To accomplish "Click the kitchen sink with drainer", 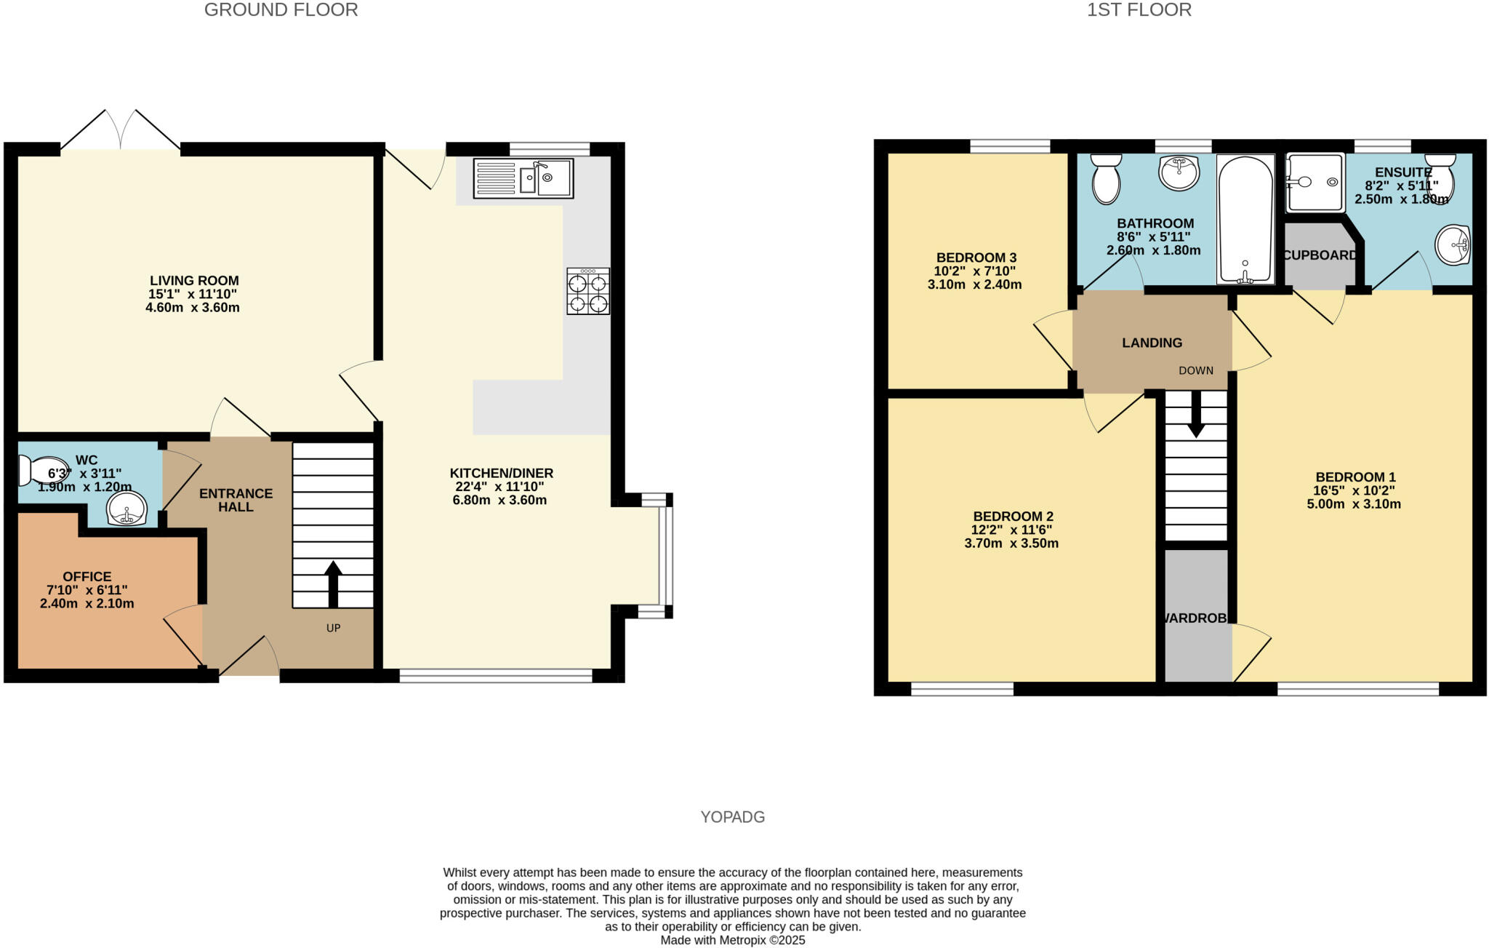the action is click(523, 178).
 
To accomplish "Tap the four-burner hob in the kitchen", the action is click(588, 291).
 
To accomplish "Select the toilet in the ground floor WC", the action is click(42, 471).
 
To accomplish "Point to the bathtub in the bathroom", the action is click(1245, 219).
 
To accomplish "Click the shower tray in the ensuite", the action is click(1315, 182).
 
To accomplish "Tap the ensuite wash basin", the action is click(1453, 245).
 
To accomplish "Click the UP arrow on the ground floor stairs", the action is click(333, 583).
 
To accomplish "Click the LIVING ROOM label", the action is click(194, 281).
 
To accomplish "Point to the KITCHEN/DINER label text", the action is click(502, 474).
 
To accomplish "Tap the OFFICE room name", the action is click(87, 577).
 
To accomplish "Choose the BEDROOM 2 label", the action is click(1014, 517).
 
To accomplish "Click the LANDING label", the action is click(1152, 343).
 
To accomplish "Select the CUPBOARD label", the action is click(1320, 255).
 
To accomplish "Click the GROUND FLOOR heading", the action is click(281, 10).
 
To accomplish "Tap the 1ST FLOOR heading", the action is click(1139, 10).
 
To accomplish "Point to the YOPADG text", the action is click(733, 817).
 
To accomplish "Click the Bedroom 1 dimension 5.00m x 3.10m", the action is click(1354, 504).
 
